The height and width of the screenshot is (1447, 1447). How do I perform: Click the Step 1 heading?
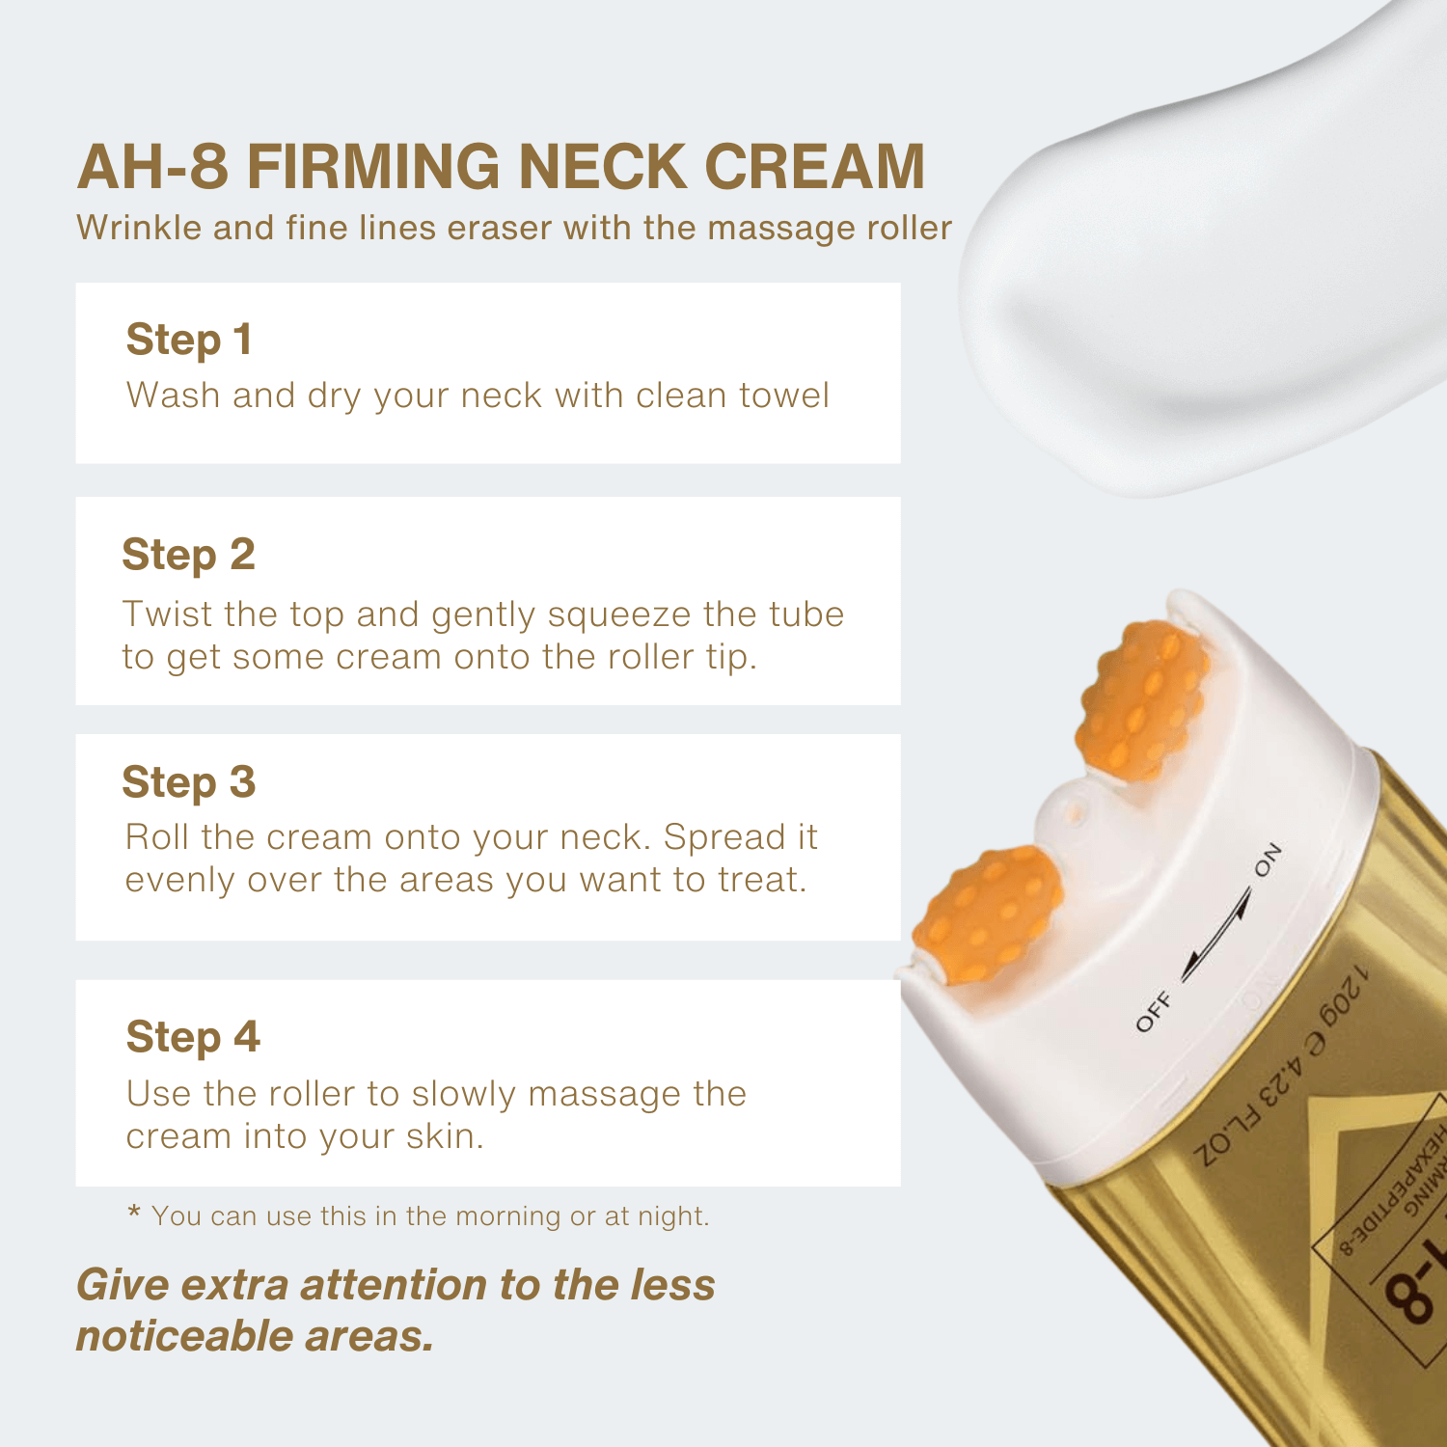point(189,341)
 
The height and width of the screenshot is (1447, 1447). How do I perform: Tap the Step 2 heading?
point(188,556)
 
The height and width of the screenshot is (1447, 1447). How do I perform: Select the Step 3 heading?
point(188,782)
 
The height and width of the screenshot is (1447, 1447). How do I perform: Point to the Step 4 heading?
point(193,1038)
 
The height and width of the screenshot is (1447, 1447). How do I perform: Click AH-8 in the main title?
point(152,167)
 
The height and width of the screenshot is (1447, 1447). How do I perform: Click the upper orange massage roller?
point(1144,700)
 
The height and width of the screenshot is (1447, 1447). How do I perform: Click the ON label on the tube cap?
point(1269,860)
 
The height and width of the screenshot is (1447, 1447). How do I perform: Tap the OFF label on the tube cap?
point(1154,1011)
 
